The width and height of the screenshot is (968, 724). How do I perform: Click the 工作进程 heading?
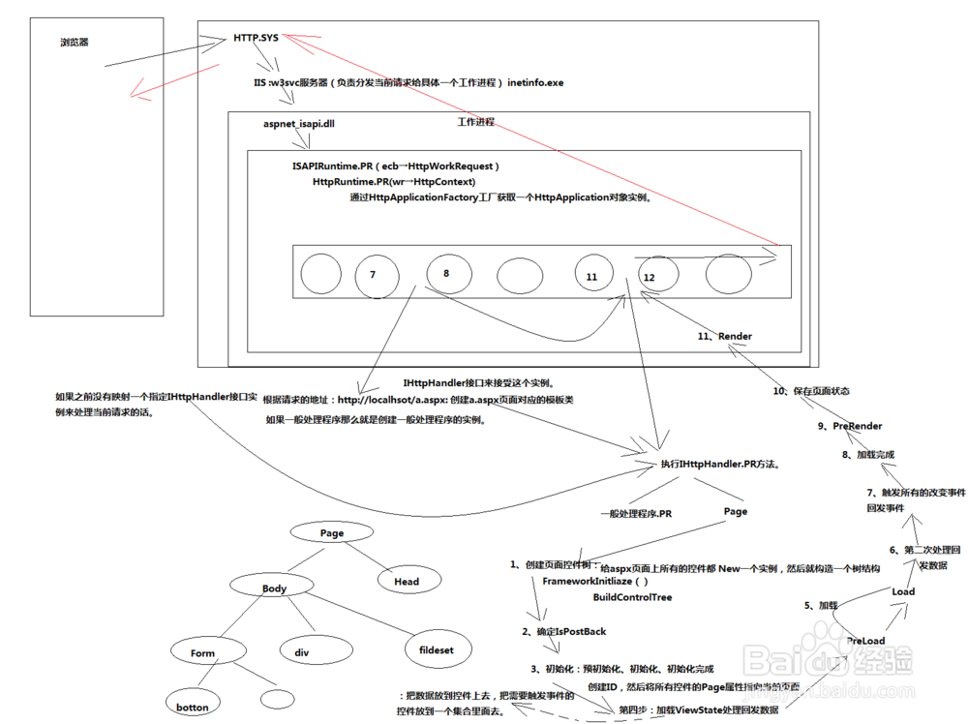475,122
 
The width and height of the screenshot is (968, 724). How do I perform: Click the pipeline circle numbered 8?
448,273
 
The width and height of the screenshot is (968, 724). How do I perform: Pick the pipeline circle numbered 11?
593,276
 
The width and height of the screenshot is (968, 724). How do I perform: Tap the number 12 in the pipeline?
649,277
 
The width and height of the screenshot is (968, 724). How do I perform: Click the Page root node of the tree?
332,533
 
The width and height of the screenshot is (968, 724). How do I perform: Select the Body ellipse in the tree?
274,588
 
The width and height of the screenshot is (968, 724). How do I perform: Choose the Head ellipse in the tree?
407,582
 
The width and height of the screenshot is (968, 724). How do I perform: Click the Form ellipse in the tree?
203,653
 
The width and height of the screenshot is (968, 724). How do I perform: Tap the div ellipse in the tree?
302,653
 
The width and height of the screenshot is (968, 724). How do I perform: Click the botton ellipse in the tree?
193,708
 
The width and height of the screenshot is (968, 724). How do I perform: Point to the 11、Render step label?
725,336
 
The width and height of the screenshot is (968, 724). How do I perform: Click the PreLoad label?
865,641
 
